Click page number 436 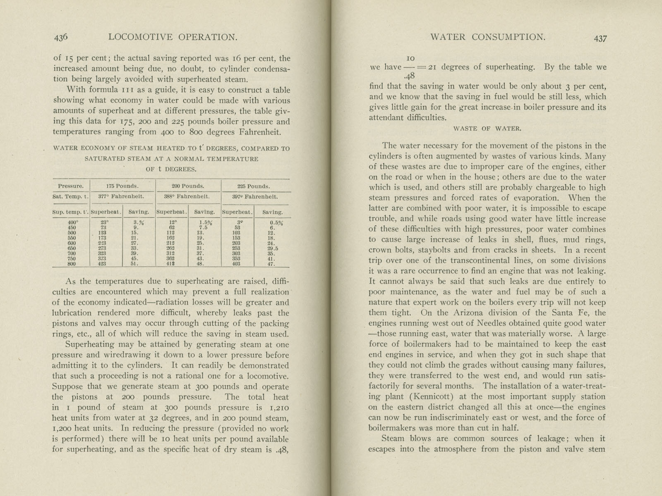(x=60, y=37)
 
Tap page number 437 (x=600, y=38)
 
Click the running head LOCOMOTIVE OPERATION (x=173, y=37)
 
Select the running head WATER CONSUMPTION (x=488, y=37)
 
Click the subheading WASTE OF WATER (x=487, y=129)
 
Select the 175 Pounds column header (x=122, y=186)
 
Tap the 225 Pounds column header (x=256, y=186)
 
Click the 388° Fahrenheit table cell (x=189, y=197)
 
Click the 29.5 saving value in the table (x=272, y=248)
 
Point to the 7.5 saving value (x=203, y=227)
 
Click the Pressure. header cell (x=71, y=186)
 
